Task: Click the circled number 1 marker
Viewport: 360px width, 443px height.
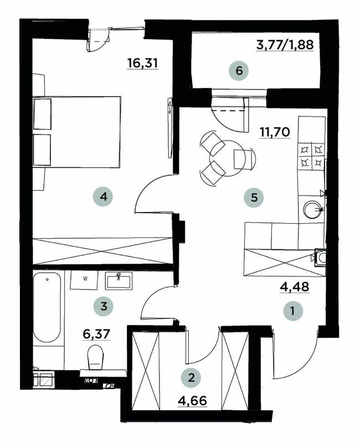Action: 292,311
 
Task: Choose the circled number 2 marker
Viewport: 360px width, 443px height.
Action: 192,378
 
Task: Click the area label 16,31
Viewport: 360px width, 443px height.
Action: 143,63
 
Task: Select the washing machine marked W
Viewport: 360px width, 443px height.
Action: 85,280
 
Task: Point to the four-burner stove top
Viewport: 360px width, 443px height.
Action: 310,156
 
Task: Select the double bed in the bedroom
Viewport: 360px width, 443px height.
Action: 77,132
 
